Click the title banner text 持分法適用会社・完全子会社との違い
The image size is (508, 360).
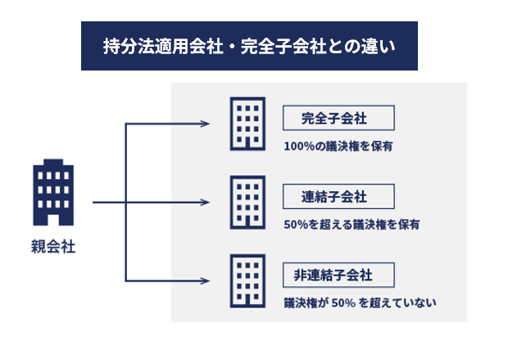(x=249, y=46)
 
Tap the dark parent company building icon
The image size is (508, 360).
(x=52, y=193)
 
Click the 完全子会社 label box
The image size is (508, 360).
(x=338, y=118)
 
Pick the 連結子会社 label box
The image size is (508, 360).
(x=338, y=197)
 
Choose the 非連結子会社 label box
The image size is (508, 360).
(x=338, y=274)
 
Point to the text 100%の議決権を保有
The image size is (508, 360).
(x=338, y=147)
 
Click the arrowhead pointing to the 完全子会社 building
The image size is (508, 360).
(x=206, y=124)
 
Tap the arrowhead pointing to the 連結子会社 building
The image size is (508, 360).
(x=206, y=202)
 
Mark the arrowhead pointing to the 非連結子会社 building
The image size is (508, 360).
(x=206, y=280)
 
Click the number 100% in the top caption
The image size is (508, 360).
(x=297, y=147)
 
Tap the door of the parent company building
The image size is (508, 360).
(x=52, y=218)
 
